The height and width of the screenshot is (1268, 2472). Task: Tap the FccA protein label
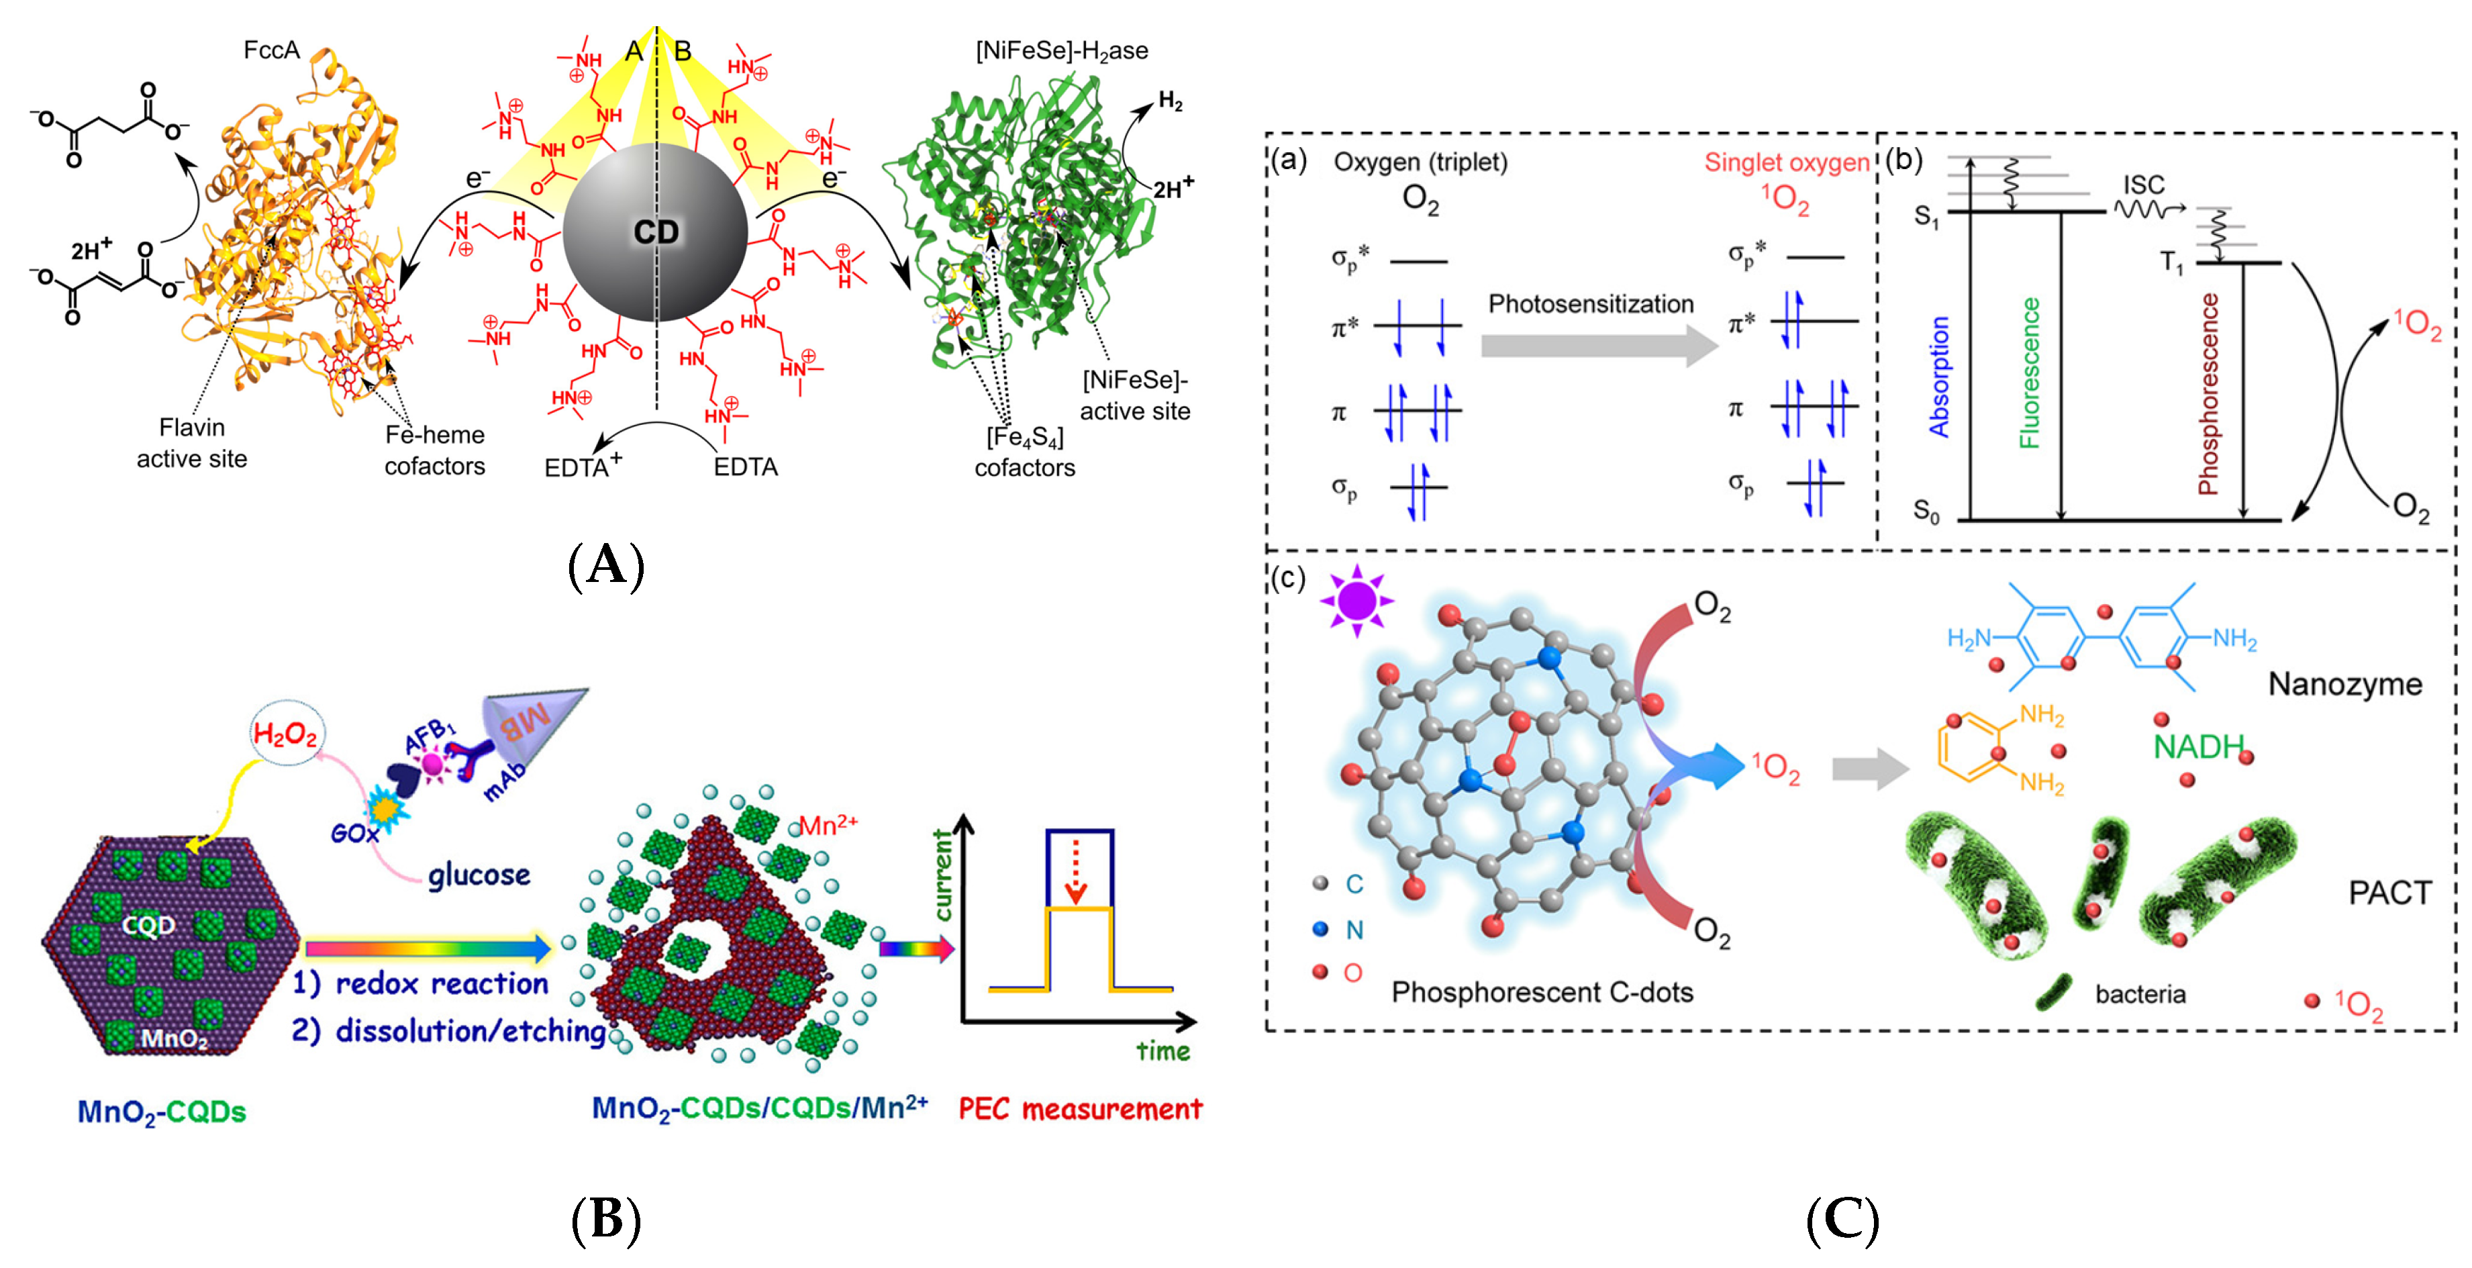272,50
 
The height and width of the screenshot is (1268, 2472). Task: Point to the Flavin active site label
192,442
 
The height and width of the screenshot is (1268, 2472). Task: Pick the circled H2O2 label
285,734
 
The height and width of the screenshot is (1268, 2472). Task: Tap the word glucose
479,875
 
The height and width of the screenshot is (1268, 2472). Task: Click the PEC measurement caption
1079,1109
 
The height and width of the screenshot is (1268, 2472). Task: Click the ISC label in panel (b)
2143,185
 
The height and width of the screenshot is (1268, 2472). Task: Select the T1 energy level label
2171,262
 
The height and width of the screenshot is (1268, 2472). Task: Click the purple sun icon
1356,601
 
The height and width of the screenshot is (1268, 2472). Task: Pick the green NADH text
2197,746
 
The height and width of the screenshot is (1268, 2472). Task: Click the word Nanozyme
2344,683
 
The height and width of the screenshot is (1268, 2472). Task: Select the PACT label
2389,893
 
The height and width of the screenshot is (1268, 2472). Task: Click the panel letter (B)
605,1220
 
